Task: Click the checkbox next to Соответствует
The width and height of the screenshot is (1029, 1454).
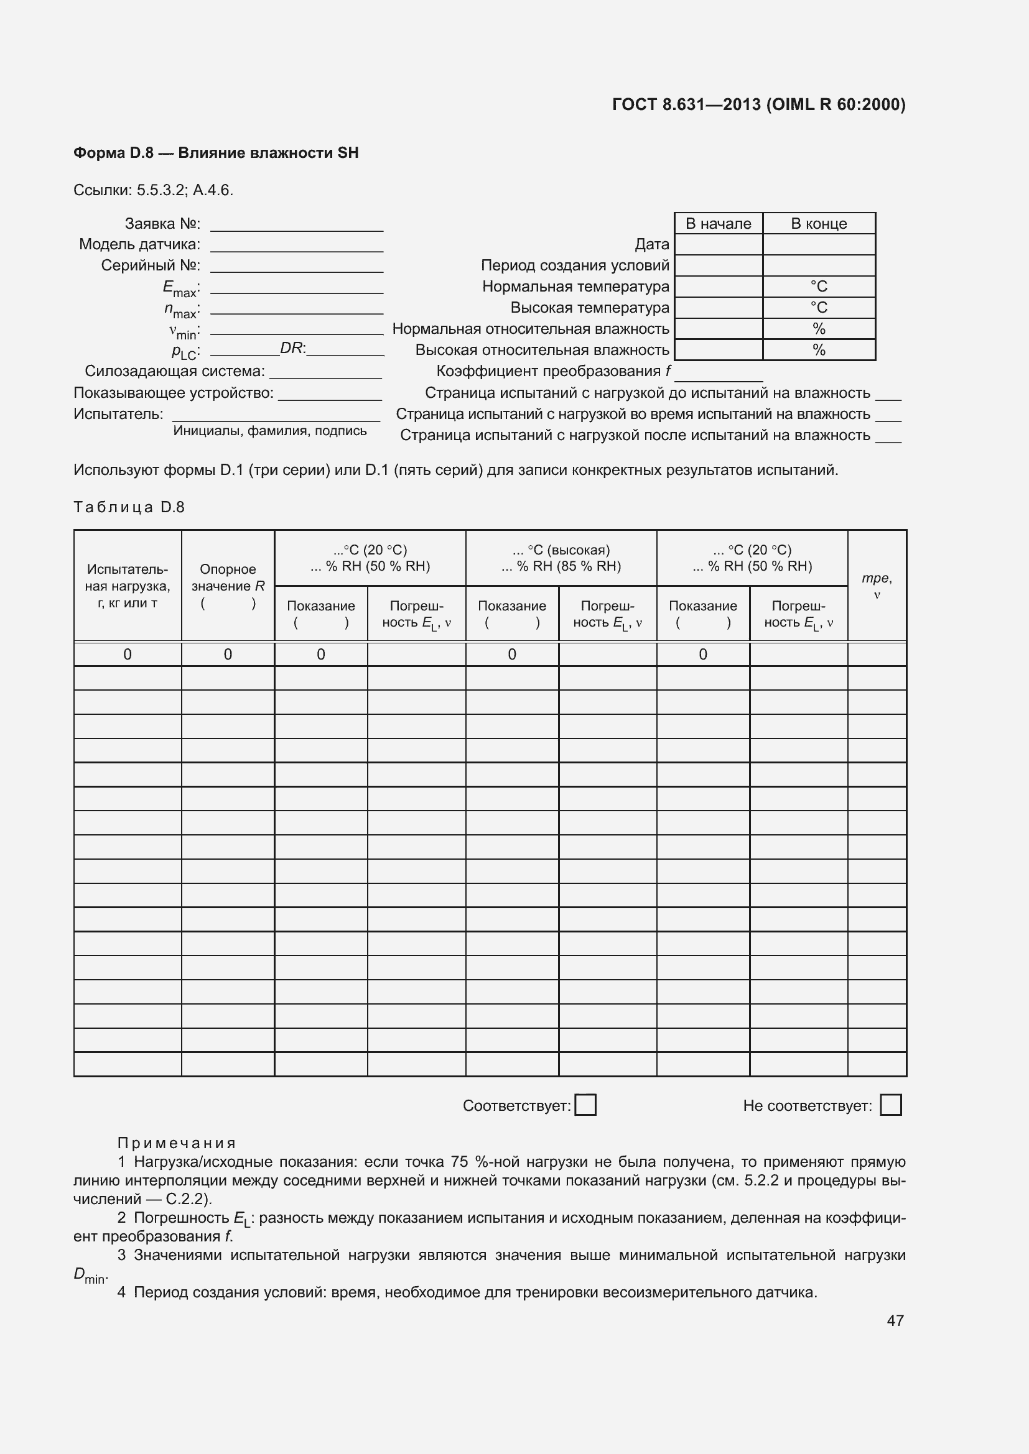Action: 585,1105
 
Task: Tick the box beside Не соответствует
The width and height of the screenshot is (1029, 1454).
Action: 891,1105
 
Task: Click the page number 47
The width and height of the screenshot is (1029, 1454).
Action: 895,1320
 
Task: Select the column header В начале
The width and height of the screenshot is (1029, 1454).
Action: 718,224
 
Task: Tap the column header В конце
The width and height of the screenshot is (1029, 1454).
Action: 819,224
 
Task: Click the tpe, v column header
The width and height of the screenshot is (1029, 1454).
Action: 877,586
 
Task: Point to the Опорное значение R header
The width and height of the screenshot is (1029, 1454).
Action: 228,586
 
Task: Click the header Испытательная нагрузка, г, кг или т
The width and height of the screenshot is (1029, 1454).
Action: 128,586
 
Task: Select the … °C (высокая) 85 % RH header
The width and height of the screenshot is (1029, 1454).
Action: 561,558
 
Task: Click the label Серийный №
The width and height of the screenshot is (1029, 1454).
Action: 151,265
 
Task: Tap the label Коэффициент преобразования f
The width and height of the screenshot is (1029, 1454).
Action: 553,371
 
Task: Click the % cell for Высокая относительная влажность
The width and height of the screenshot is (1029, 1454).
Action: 819,350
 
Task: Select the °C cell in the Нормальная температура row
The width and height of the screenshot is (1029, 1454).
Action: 819,287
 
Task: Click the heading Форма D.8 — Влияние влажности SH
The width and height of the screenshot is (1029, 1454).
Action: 216,153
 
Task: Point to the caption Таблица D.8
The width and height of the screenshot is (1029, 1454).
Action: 129,507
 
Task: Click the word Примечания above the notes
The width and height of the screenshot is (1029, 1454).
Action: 177,1143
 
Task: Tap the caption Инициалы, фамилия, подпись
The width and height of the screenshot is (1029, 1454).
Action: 270,431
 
